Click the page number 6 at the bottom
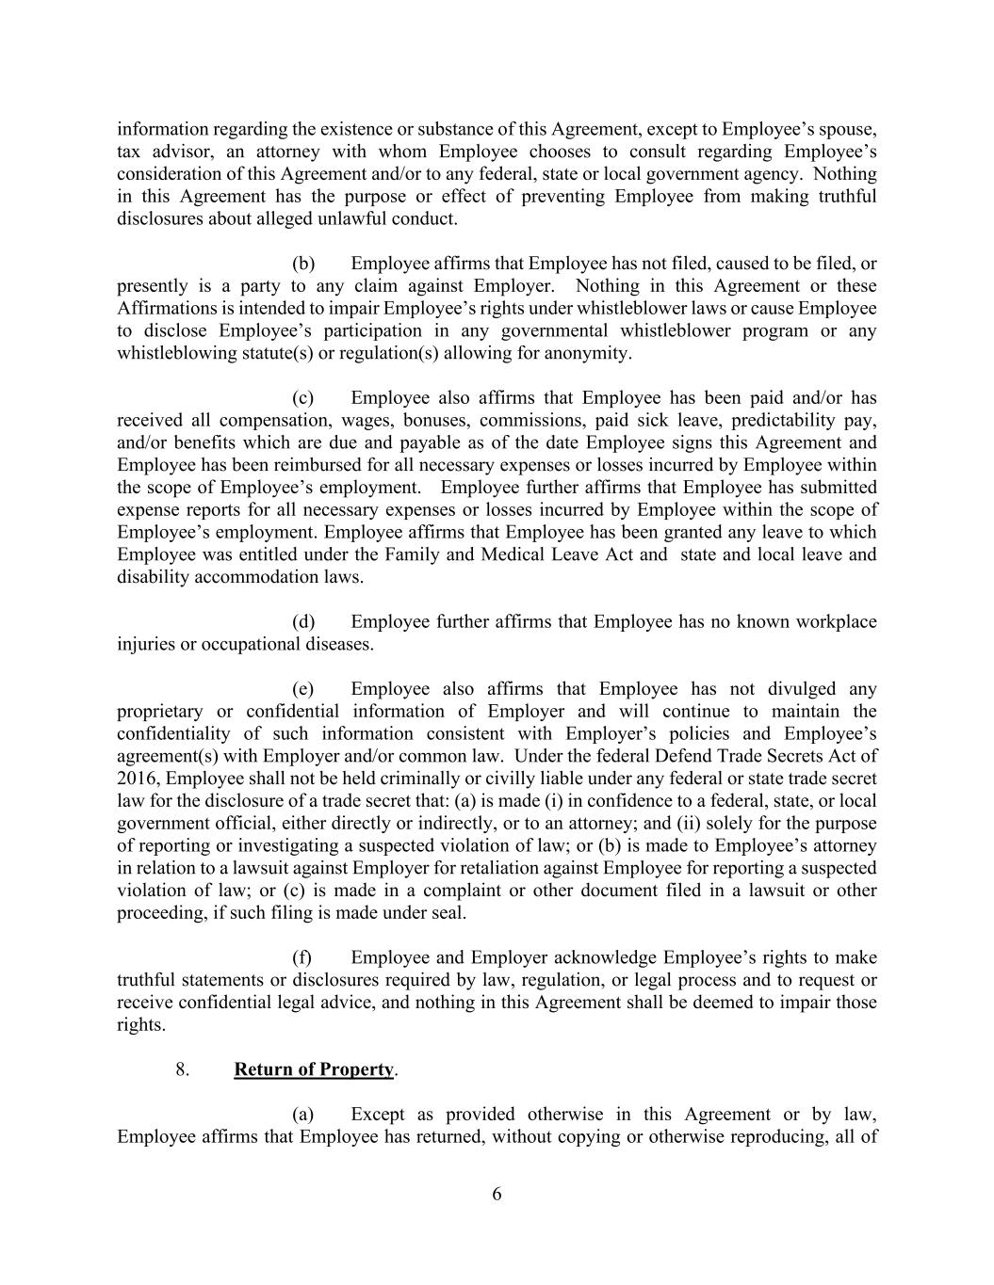(x=497, y=1195)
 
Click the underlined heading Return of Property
(x=314, y=1069)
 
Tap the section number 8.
(x=184, y=1069)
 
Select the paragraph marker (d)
(x=303, y=621)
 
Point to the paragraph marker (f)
(x=302, y=957)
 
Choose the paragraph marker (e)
(x=303, y=689)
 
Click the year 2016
(x=138, y=779)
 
